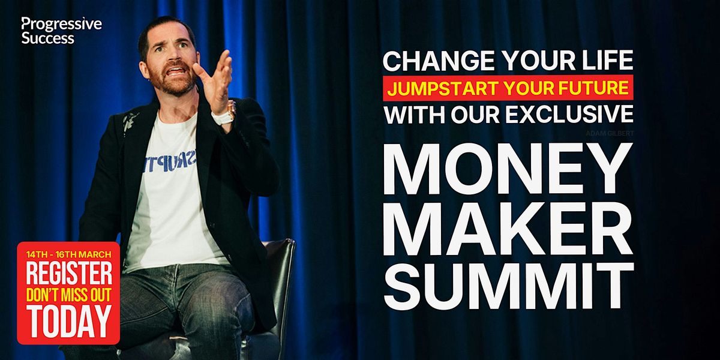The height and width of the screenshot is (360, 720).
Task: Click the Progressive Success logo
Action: [x=61, y=31]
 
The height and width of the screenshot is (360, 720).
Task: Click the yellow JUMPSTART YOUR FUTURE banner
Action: [x=508, y=89]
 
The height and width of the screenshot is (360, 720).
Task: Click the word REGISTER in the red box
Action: [x=68, y=274]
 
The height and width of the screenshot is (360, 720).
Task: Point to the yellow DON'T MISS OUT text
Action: [x=68, y=296]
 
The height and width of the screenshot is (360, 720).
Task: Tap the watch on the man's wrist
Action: [x=226, y=115]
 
